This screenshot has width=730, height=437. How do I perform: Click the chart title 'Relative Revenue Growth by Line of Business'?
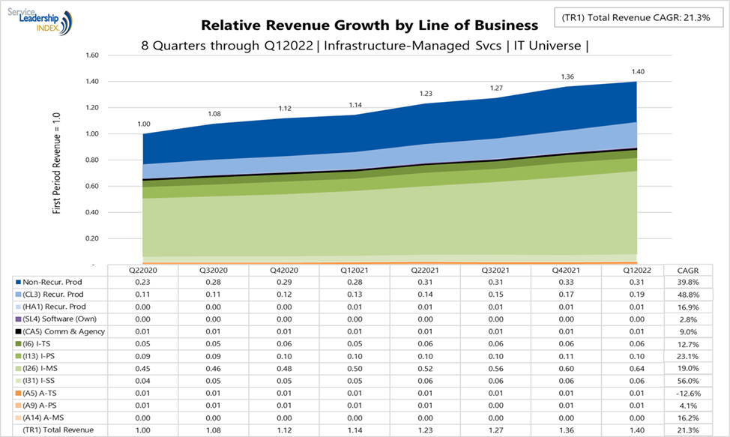(369, 25)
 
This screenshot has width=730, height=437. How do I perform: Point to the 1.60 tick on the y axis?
(92, 55)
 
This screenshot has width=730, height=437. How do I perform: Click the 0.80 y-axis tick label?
(92, 160)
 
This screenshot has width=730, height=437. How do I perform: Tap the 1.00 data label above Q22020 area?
(143, 124)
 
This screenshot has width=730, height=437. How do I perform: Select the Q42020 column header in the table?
(284, 270)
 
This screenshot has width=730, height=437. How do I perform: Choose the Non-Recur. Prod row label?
(52, 282)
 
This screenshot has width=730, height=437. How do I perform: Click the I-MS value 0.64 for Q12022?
(636, 369)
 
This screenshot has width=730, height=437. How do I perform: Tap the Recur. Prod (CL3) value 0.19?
(636, 295)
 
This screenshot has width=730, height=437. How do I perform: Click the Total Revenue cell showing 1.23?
(425, 430)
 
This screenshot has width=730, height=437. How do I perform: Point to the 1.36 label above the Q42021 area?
(568, 76)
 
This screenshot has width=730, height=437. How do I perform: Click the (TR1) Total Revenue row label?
(55, 430)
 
